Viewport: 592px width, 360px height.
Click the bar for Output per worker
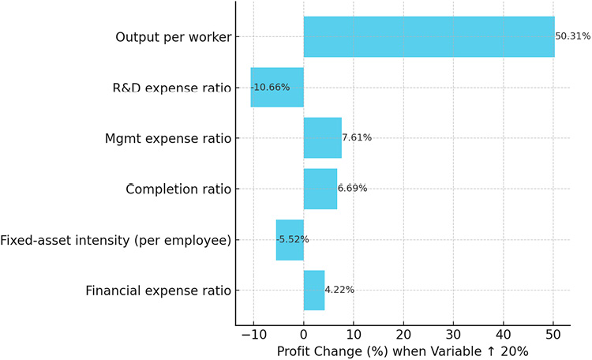pos(429,36)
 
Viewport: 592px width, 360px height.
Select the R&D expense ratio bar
pos(277,87)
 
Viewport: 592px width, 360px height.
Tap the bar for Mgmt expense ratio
pos(322,137)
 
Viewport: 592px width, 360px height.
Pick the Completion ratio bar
pos(320,188)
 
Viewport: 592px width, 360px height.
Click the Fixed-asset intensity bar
pos(290,239)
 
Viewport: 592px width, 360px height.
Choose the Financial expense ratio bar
pos(313,290)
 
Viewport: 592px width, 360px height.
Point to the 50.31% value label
pos(572,36)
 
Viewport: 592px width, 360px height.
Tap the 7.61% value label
pos(356,137)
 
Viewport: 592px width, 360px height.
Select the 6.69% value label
pos(352,188)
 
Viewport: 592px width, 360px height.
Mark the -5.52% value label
pos(293,239)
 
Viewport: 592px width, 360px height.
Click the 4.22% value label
pos(339,290)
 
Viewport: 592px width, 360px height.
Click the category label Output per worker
pos(173,37)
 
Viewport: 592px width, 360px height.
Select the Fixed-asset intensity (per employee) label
pos(116,240)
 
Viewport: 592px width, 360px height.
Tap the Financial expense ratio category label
pos(158,291)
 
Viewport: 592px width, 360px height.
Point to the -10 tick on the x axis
pos(253,335)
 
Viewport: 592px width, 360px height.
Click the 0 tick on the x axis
pos(304,335)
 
